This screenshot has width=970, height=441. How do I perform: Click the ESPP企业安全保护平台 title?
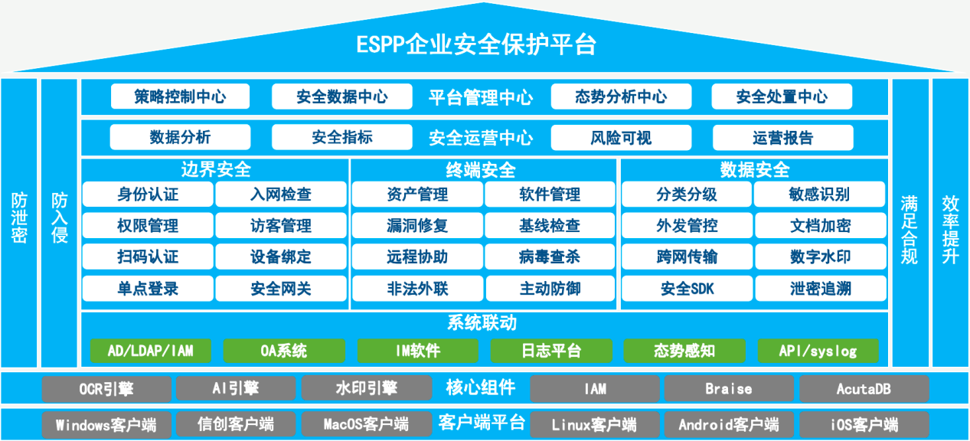pyautogui.click(x=476, y=44)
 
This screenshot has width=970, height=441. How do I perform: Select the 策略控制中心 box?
pyautogui.click(x=180, y=96)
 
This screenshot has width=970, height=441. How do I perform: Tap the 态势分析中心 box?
pyautogui.click(x=621, y=96)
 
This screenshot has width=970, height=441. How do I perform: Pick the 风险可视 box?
pyautogui.click(x=621, y=138)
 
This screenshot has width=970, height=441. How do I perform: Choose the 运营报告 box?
pyautogui.click(x=783, y=138)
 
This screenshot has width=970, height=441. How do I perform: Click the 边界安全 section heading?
pyautogui.click(x=216, y=169)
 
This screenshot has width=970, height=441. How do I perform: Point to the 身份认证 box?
pyautogui.click(x=148, y=194)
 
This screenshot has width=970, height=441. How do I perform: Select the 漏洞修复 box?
pyautogui.click(x=417, y=225)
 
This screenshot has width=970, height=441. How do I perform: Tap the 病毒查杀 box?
pyautogui.click(x=550, y=257)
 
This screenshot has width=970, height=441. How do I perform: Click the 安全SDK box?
pyautogui.click(x=687, y=289)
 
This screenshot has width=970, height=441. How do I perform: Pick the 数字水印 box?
pyautogui.click(x=821, y=257)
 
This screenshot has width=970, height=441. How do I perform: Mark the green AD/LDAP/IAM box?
pyautogui.click(x=151, y=351)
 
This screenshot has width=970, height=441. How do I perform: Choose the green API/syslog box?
pyautogui.click(x=818, y=351)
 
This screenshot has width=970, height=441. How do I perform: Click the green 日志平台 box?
pyautogui.click(x=551, y=351)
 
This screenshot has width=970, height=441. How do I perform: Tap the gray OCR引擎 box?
pyautogui.click(x=106, y=389)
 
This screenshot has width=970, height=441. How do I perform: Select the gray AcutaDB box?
pyautogui.click(x=864, y=389)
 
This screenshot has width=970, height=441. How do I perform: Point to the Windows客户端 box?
pyautogui.click(x=106, y=424)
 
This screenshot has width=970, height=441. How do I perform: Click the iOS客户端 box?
pyautogui.click(x=864, y=424)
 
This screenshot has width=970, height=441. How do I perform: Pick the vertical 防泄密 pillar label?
pyautogui.click(x=19, y=218)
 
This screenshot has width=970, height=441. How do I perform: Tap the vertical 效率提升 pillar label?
pyautogui.click(x=951, y=230)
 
